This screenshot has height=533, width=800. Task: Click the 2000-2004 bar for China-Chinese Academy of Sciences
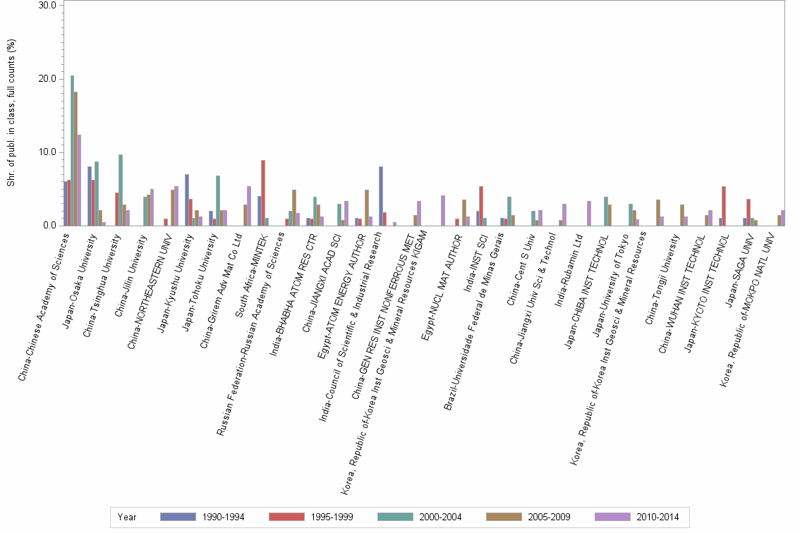coord(72,150)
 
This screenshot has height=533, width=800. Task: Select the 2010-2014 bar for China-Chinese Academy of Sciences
coord(80,180)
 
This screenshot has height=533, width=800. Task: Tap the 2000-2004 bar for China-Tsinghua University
coord(121,190)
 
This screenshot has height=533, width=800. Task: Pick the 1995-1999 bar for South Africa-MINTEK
coord(263,192)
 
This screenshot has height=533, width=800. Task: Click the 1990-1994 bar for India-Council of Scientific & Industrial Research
coord(381,196)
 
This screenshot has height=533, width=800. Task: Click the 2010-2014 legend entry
coord(657,517)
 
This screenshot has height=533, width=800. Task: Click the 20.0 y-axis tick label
coord(49,78)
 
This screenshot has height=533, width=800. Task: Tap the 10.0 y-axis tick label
coord(49,152)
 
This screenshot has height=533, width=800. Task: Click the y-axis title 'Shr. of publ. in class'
coord(11,113)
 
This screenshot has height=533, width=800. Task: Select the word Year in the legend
coord(127,517)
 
